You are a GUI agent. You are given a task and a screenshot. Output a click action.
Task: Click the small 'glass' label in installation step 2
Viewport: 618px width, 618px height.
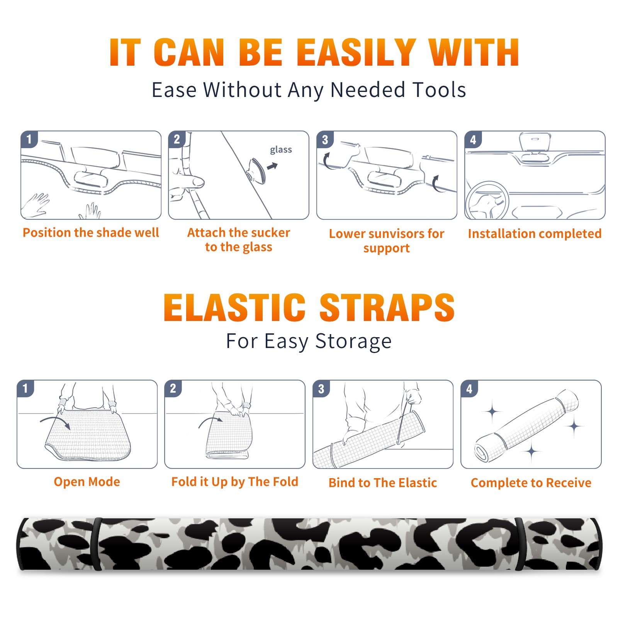click(x=281, y=150)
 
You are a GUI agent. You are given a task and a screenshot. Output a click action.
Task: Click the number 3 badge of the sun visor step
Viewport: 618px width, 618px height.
click(x=325, y=139)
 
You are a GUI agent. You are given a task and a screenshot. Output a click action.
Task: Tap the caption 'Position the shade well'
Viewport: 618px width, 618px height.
click(x=91, y=233)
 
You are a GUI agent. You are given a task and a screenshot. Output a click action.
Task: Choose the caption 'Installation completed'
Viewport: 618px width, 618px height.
click(x=535, y=234)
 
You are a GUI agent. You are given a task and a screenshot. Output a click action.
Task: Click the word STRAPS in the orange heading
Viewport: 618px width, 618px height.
click(x=387, y=307)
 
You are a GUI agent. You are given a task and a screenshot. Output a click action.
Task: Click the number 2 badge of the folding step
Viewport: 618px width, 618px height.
click(x=173, y=388)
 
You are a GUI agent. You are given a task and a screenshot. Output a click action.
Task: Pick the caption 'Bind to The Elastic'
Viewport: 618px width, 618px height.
click(x=382, y=483)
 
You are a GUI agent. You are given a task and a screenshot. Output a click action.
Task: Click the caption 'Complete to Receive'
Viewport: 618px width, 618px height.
click(x=531, y=483)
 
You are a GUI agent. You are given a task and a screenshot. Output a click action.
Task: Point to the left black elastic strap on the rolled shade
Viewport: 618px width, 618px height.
click(x=97, y=544)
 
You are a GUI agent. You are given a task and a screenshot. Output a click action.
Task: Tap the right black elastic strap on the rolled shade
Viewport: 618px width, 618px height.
click(x=520, y=544)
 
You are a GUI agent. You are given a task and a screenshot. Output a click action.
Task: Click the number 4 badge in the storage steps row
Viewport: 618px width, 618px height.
click(x=469, y=389)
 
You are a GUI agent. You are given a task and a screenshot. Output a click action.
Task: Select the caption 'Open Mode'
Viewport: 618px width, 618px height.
click(x=87, y=482)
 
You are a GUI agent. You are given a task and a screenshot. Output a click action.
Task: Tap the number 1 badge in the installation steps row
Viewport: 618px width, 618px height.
click(x=29, y=139)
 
